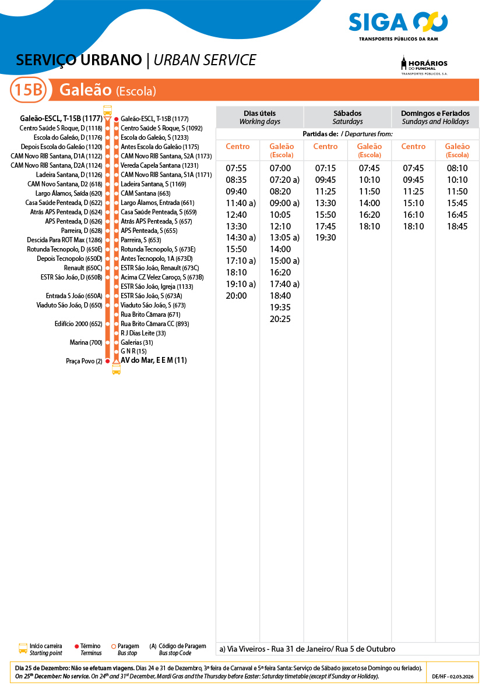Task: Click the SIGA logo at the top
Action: point(398,23)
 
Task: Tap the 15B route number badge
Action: point(28,90)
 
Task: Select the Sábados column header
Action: point(347,117)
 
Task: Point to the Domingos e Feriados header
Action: point(435,117)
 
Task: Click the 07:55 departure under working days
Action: point(236,168)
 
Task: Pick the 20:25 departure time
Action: point(280,319)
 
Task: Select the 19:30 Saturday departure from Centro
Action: point(325,238)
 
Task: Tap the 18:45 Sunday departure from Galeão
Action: point(457,226)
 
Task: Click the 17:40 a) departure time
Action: point(284,284)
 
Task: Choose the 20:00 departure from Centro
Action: point(236,295)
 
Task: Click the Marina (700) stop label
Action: point(86,342)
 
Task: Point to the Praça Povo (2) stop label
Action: point(84,361)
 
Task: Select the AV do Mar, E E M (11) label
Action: point(153,360)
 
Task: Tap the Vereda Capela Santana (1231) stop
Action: point(159,165)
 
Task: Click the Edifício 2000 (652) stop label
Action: point(78,324)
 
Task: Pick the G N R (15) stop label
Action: point(133,351)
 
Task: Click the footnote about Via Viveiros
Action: point(307,649)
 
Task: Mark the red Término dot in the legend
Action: point(77,646)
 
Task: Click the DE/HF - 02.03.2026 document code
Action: point(452,677)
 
